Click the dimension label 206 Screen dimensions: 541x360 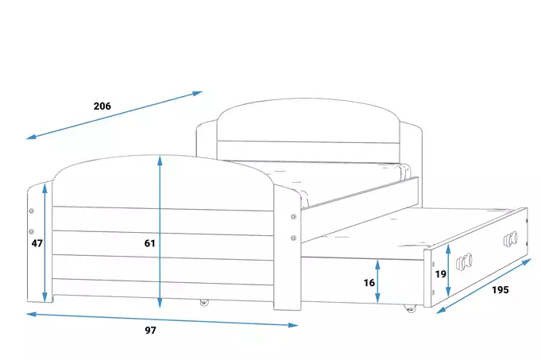102,106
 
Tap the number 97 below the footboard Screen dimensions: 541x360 150,331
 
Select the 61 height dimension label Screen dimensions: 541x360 149,243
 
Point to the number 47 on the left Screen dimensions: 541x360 37,243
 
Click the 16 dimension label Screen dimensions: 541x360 369,283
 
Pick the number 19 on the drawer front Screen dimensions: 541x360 441,273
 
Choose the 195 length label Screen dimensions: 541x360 500,289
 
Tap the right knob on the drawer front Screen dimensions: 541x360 511,239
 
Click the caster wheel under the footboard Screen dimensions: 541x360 205,302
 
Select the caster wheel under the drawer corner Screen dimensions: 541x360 411,308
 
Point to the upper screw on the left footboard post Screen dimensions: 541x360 32,211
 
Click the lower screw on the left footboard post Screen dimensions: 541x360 32,231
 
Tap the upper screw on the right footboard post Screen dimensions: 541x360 294,217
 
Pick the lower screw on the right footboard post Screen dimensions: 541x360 294,238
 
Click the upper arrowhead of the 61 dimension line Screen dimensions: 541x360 160,161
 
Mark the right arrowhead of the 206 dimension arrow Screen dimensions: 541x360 197,93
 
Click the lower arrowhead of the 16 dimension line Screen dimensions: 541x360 378,298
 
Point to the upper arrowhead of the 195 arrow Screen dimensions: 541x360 527,262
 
